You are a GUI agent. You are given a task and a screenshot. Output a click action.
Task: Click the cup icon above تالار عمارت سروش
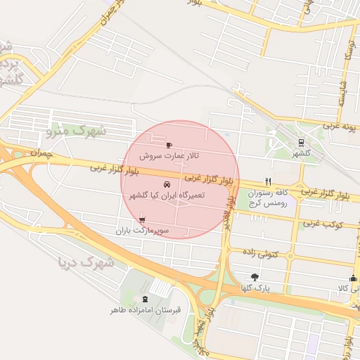[168, 145]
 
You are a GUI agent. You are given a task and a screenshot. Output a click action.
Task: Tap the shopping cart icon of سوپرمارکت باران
[143, 220]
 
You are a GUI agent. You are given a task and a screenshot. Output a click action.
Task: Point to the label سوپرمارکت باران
[143, 230]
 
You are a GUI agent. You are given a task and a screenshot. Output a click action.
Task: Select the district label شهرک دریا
[85, 263]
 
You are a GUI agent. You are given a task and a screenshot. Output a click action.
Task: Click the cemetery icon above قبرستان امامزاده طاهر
[146, 299]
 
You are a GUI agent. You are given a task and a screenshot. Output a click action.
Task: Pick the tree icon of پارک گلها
[254, 277]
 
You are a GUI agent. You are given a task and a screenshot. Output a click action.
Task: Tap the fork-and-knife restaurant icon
[268, 181]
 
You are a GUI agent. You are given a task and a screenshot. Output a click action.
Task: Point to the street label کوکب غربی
[322, 224]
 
